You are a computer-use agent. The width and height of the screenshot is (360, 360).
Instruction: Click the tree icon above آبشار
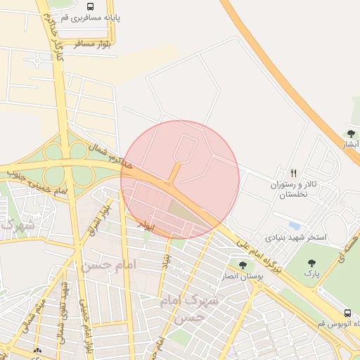pos(351,133)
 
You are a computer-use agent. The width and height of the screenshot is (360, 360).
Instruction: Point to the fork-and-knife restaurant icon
pos(294,173)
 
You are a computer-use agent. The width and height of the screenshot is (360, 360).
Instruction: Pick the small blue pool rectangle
pos(294,225)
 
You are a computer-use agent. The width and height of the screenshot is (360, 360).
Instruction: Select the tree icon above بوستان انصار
pos(243,265)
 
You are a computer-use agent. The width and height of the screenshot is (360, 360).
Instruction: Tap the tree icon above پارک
pos(311,263)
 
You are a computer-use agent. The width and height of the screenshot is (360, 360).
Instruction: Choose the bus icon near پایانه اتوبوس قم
pos(347,313)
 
